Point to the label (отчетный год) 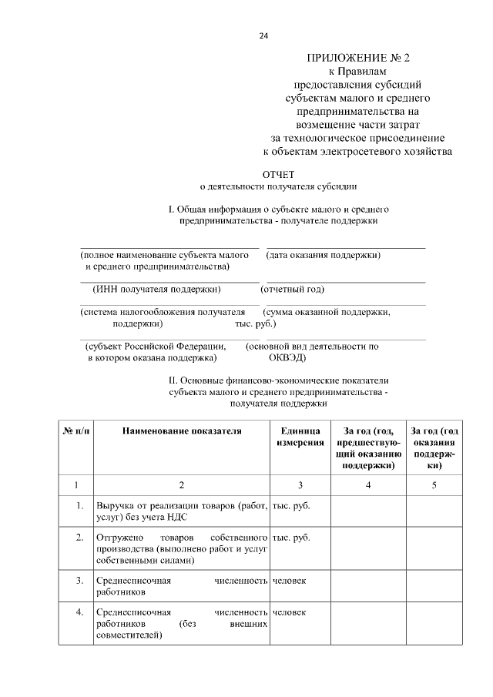292,290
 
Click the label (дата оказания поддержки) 324,254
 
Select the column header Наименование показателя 182,431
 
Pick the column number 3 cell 300,484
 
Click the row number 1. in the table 79,506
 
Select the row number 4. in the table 79,612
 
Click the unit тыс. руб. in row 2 291,538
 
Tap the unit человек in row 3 290,580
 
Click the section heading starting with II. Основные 278,380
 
